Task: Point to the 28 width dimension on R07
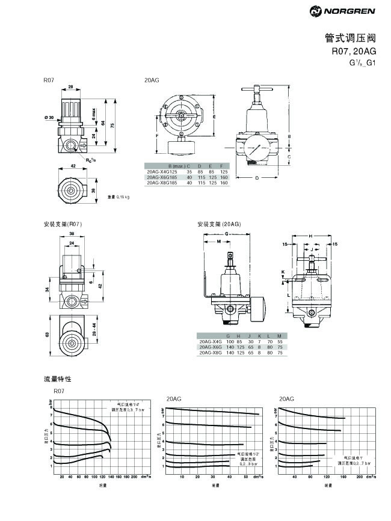point(70,88)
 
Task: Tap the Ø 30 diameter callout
point(49,117)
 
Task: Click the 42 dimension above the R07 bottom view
point(73,166)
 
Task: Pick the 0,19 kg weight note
point(119,197)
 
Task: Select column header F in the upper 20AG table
point(222,166)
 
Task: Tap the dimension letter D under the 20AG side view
point(257,178)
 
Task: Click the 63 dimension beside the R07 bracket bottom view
point(47,335)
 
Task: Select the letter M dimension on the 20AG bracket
point(218,241)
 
